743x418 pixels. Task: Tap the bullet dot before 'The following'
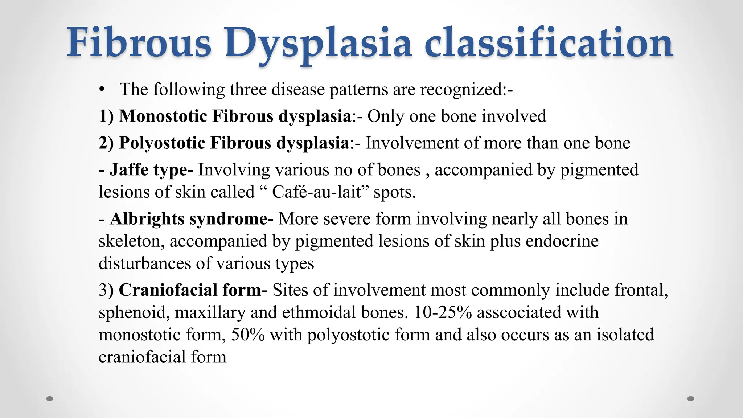point(102,89)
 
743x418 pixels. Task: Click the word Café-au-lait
point(317,192)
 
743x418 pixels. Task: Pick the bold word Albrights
point(147,219)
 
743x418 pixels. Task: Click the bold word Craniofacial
point(168,290)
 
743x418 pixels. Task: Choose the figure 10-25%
point(443,312)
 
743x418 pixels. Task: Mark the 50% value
point(248,335)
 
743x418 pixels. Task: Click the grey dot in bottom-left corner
point(50,399)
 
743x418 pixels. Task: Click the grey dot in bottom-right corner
point(691,399)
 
